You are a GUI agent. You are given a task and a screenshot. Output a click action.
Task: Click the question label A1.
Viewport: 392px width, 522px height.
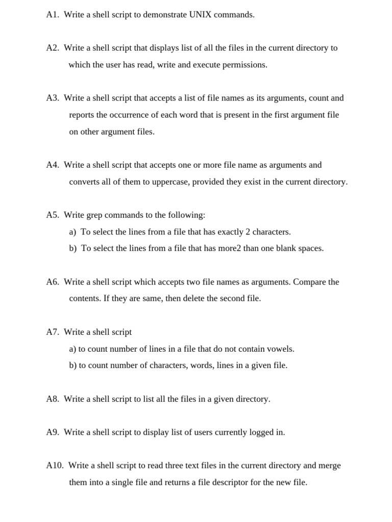point(53,15)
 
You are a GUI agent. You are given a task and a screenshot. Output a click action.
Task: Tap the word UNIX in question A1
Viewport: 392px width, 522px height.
point(200,15)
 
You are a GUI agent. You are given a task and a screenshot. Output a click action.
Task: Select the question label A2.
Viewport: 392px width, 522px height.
point(53,48)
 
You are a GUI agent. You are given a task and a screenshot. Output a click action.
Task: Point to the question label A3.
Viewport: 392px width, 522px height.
point(53,98)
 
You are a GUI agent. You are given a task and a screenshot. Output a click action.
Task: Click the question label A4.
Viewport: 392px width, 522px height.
point(53,165)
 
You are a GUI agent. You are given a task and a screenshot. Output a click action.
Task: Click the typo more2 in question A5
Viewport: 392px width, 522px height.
point(230,249)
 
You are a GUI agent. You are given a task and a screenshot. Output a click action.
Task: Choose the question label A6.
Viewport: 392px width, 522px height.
point(53,282)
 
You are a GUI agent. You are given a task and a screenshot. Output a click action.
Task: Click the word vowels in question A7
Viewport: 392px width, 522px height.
point(281,349)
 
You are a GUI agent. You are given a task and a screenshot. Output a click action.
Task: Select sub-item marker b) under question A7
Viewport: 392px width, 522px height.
point(73,366)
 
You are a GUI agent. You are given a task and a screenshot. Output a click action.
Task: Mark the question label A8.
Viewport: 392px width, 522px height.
point(53,399)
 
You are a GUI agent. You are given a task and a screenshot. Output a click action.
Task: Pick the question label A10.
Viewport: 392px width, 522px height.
point(55,465)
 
